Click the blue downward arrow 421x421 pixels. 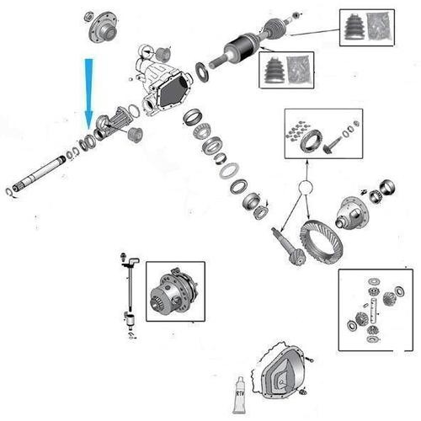[88, 93]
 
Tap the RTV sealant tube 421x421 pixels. [239, 395]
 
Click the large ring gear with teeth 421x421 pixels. [321, 242]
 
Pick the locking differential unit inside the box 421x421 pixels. [174, 292]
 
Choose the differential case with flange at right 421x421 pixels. [352, 212]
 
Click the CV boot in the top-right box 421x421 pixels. [355, 27]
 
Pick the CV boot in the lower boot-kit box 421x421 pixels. [274, 70]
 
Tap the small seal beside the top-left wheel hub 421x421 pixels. [89, 16]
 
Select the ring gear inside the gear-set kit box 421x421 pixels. [311, 140]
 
